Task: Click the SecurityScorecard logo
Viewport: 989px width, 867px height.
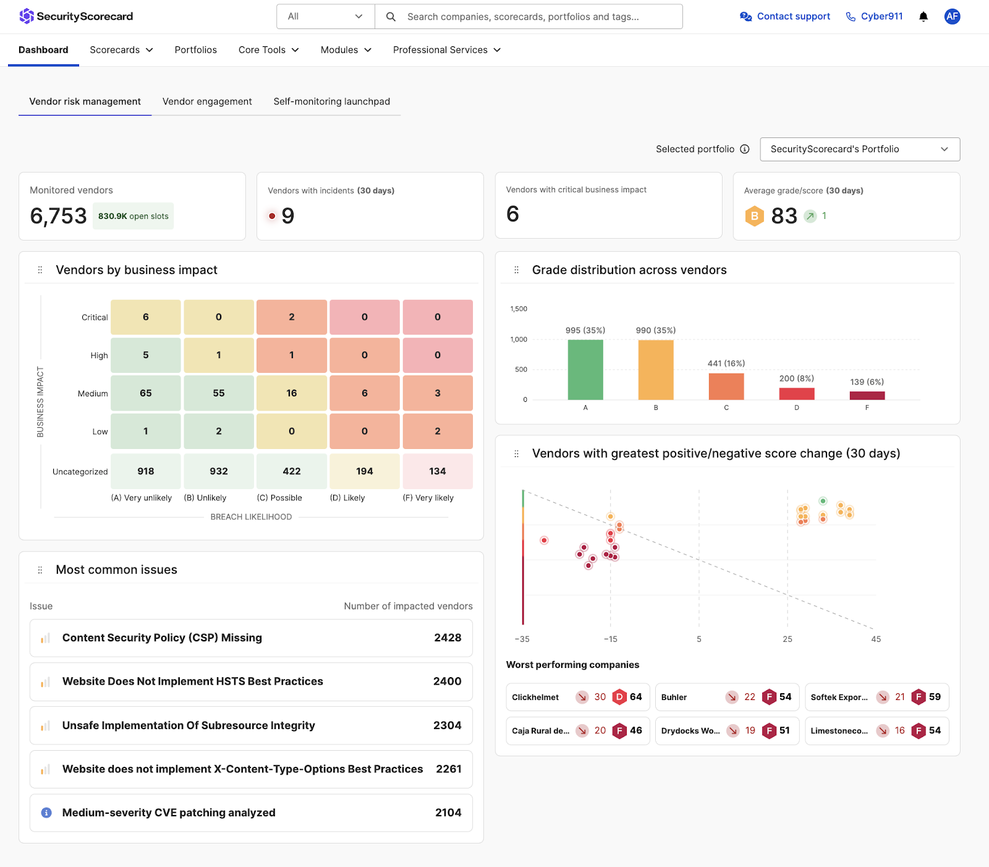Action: pos(76,16)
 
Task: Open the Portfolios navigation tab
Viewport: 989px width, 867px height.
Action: pos(195,50)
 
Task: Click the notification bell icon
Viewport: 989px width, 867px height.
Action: pos(923,17)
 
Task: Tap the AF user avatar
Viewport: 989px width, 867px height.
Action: pos(952,17)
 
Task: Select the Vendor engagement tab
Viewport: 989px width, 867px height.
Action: pos(207,101)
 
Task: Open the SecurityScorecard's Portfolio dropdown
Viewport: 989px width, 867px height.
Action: pos(859,149)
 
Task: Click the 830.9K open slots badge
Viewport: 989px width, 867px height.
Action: pos(133,216)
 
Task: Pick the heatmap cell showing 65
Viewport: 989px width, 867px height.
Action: pos(146,393)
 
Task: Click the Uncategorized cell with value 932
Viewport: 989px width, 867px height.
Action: pos(219,471)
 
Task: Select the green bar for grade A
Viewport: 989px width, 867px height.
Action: pos(585,370)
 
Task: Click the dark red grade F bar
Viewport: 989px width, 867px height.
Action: pos(867,396)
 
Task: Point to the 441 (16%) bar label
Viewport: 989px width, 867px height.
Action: pos(726,364)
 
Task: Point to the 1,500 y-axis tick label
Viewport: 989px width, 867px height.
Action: pos(519,309)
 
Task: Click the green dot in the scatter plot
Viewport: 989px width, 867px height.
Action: pos(823,501)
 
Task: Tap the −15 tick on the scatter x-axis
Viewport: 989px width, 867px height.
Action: pos(611,639)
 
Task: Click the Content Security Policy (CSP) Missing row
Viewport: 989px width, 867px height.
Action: pos(251,638)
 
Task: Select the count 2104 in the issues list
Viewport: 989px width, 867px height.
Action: pos(448,813)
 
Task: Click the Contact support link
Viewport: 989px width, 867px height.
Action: pos(785,17)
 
